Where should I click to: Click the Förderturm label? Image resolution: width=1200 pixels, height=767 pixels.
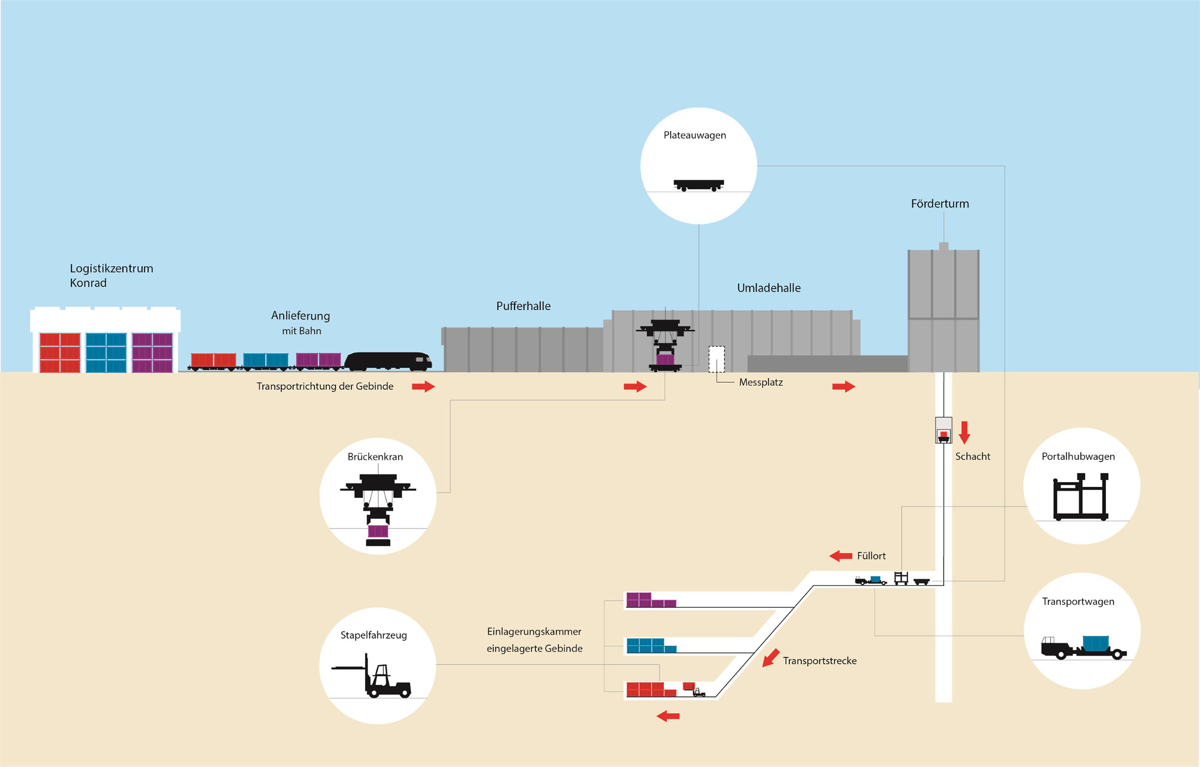[x=939, y=204]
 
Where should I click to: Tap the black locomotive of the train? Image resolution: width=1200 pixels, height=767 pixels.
[x=388, y=361]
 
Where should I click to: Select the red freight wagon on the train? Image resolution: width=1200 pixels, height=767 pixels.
[x=213, y=360]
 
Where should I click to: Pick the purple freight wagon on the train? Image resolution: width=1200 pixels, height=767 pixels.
[x=318, y=360]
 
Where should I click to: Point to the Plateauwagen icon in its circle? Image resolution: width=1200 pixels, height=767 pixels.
[x=698, y=185]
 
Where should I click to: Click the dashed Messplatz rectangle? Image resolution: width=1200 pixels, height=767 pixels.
[x=717, y=359]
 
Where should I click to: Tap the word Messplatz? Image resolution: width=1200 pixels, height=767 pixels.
[x=760, y=382]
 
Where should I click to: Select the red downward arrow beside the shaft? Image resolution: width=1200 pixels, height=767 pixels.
[x=964, y=432]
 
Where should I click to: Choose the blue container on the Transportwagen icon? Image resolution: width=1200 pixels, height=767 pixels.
[x=1096, y=643]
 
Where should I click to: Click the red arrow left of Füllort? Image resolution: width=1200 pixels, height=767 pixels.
[x=840, y=556]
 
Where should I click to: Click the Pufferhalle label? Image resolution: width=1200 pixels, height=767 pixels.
[x=523, y=307]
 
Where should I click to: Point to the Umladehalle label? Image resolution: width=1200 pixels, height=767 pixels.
[x=768, y=288]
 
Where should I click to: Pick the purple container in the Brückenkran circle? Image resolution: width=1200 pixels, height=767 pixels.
[x=378, y=531]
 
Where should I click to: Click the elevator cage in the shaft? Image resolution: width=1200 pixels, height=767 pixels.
[x=943, y=430]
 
